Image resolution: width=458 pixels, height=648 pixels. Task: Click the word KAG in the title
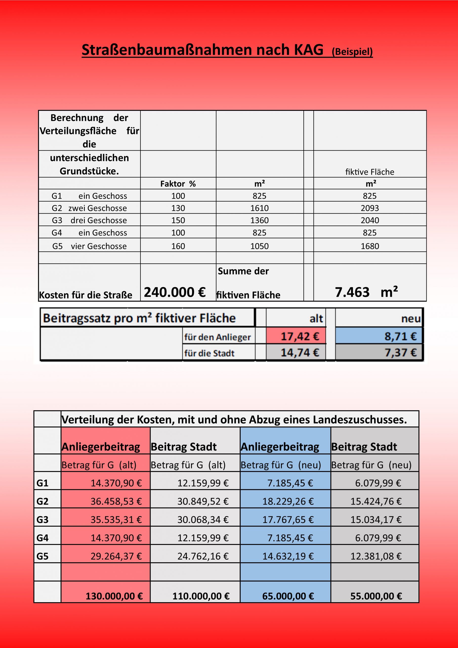pyautogui.click(x=308, y=50)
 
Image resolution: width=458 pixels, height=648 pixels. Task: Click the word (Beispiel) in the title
pyautogui.click(x=352, y=52)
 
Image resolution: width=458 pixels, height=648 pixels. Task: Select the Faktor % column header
pyautogui.click(x=178, y=184)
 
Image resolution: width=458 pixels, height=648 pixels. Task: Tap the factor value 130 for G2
pyautogui.click(x=178, y=208)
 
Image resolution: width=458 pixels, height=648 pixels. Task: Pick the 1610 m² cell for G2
pyautogui.click(x=259, y=208)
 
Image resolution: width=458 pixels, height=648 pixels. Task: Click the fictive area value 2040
pyautogui.click(x=370, y=220)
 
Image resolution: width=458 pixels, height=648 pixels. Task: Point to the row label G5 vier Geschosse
pyautogui.click(x=90, y=246)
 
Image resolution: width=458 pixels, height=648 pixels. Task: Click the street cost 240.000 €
pyautogui.click(x=175, y=292)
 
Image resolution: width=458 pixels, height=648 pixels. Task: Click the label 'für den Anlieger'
pyautogui.click(x=217, y=337)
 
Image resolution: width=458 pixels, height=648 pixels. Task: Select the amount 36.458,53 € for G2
pyautogui.click(x=116, y=501)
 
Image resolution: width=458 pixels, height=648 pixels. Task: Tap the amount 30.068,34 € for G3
pyautogui.click(x=203, y=520)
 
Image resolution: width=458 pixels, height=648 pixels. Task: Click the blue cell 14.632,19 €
pyautogui.click(x=288, y=556)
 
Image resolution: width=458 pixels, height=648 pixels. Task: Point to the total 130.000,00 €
pyautogui.click(x=114, y=596)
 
